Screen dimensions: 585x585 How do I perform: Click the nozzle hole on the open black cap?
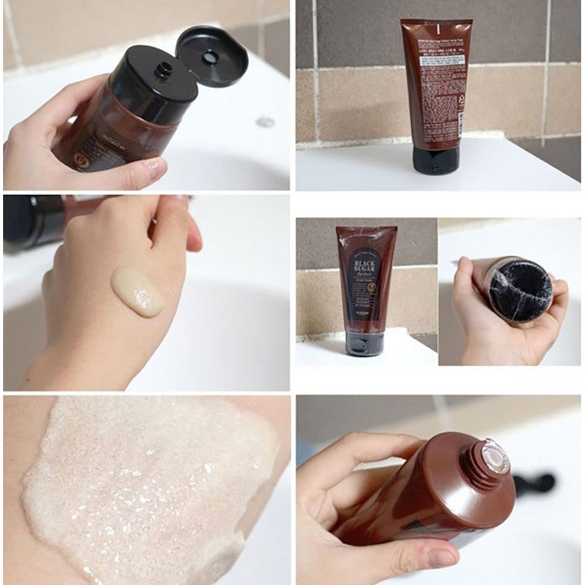(163, 71)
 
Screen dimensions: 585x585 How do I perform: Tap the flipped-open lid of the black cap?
(211, 55)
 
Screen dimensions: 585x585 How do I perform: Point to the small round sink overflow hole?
(265, 122)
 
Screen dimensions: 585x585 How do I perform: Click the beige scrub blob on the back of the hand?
(138, 291)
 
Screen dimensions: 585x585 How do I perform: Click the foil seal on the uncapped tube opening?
(496, 456)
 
